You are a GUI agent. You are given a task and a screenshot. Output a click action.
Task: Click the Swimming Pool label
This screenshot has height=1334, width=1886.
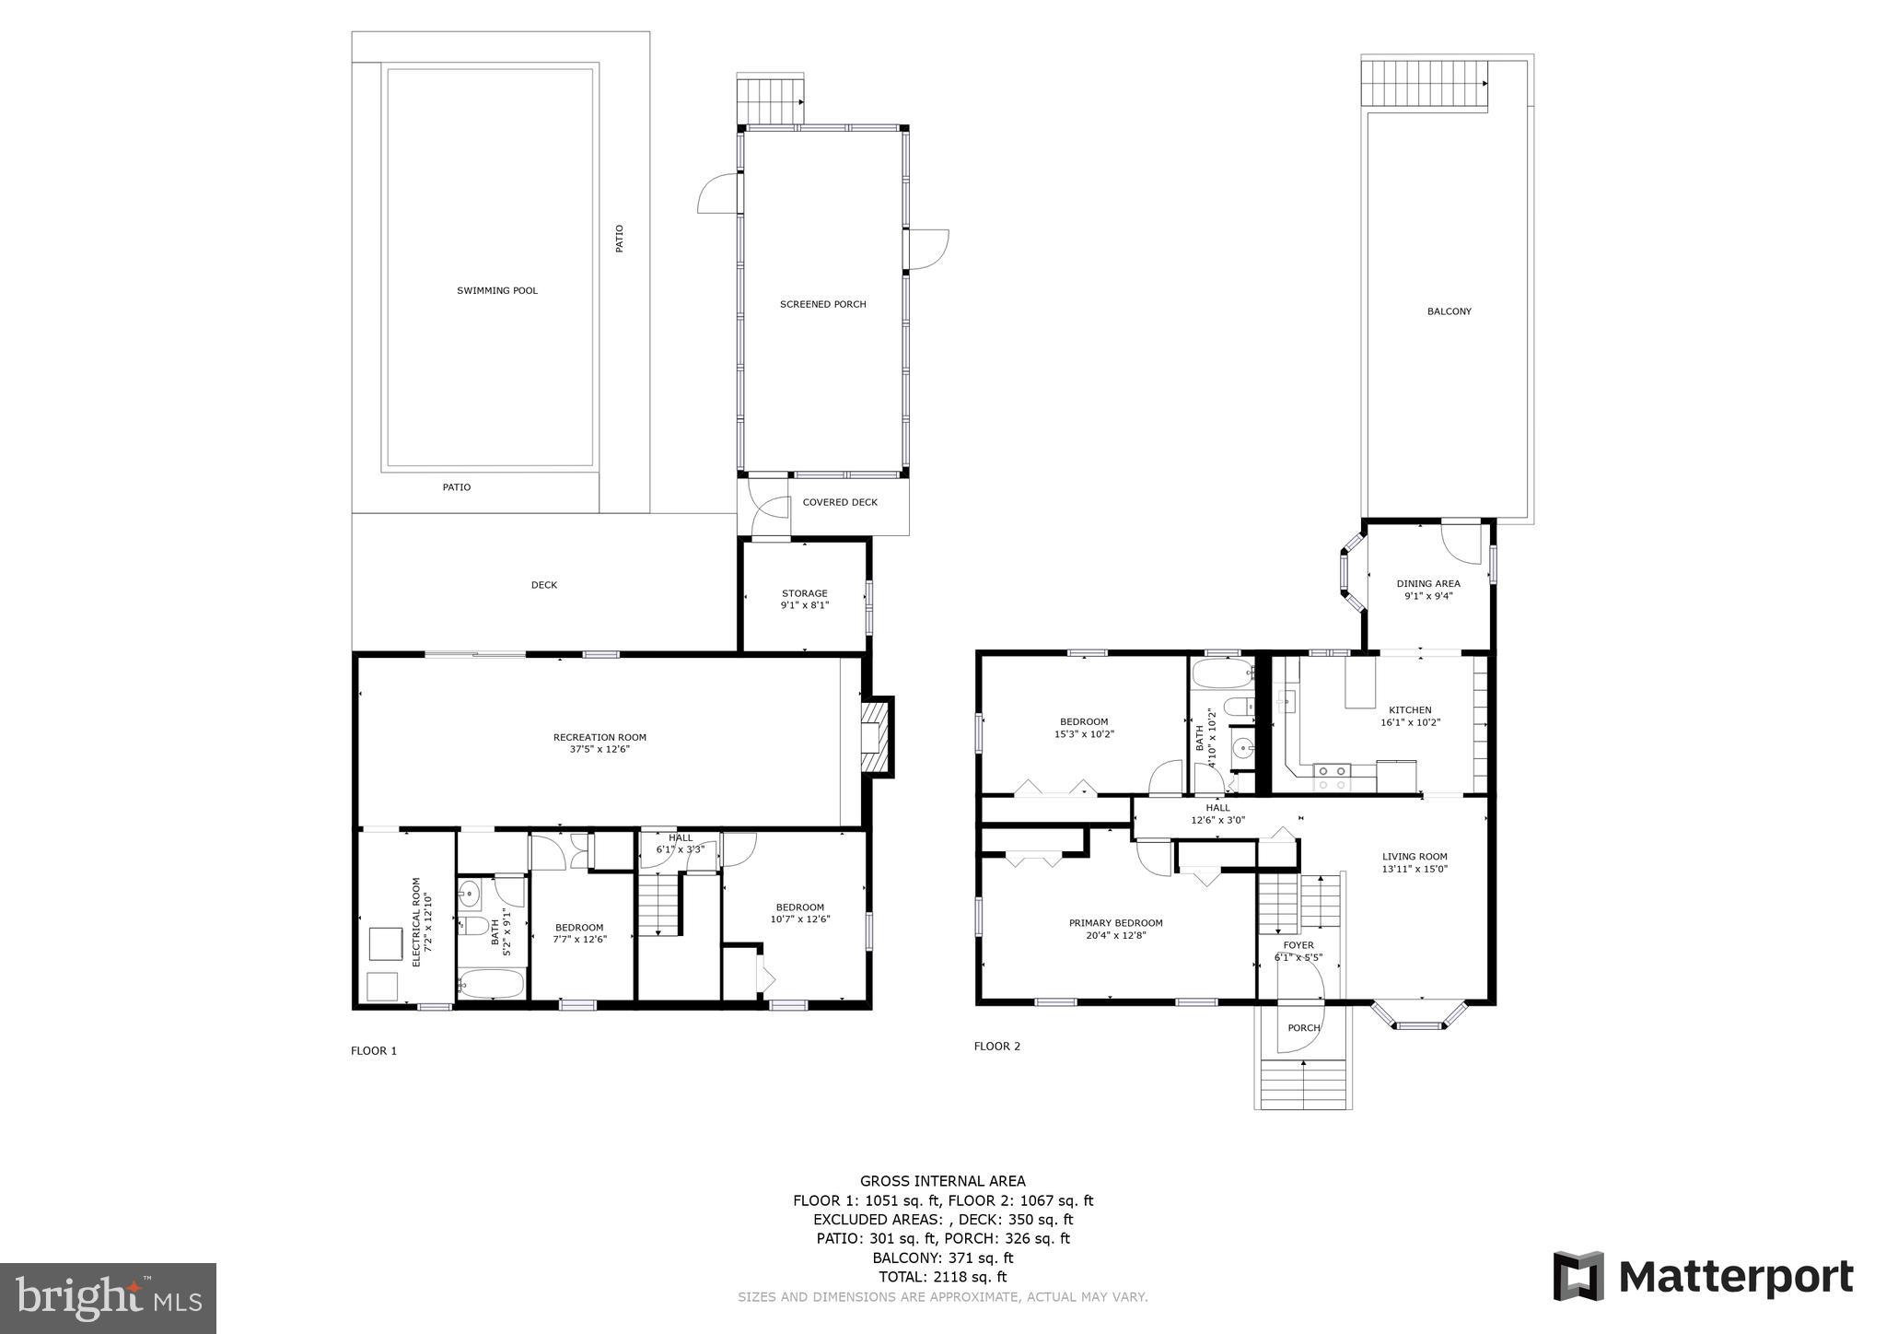pyautogui.click(x=497, y=291)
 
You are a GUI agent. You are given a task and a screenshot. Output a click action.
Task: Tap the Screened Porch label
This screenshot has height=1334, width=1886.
pyautogui.click(x=822, y=305)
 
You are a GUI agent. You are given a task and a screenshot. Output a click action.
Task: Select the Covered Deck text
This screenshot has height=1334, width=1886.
pyautogui.click(x=840, y=503)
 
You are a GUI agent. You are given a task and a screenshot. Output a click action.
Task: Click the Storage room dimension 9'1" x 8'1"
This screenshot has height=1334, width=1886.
pyautogui.click(x=805, y=606)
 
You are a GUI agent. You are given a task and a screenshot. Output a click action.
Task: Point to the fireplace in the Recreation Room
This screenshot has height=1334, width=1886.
pyautogui.click(x=877, y=737)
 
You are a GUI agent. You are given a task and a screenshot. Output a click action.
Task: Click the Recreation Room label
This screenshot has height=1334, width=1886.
pyautogui.click(x=600, y=737)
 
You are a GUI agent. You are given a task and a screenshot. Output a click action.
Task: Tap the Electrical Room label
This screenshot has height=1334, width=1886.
pyautogui.click(x=416, y=921)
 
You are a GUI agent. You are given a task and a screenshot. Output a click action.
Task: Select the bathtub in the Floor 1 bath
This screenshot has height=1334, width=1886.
pyautogui.click(x=491, y=984)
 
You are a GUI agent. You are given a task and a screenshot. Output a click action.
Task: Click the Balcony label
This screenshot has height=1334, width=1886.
pyautogui.click(x=1449, y=312)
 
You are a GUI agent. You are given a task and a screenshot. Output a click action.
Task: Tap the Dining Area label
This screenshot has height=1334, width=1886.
pyautogui.click(x=1427, y=584)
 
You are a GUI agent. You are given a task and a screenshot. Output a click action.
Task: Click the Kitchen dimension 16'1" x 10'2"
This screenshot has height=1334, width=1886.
pyautogui.click(x=1410, y=723)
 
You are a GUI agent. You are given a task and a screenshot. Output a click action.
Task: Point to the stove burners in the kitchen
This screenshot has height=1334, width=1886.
pyautogui.click(x=1332, y=777)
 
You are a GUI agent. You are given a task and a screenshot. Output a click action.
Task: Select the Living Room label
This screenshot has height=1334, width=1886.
pyautogui.click(x=1414, y=857)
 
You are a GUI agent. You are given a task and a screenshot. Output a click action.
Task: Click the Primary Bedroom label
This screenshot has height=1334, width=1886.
pyautogui.click(x=1115, y=923)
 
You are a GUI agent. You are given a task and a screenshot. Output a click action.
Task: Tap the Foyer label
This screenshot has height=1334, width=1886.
pyautogui.click(x=1298, y=945)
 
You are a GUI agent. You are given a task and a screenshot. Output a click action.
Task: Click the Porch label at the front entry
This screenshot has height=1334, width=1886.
pyautogui.click(x=1303, y=1028)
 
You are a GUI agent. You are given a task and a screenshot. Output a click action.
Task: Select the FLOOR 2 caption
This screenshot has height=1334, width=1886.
pyautogui.click(x=997, y=1047)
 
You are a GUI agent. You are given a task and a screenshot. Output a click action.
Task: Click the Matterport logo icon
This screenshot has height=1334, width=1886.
pyautogui.click(x=1578, y=1277)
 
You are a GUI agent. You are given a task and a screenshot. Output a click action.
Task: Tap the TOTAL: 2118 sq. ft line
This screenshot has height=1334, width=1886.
pyautogui.click(x=942, y=1278)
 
